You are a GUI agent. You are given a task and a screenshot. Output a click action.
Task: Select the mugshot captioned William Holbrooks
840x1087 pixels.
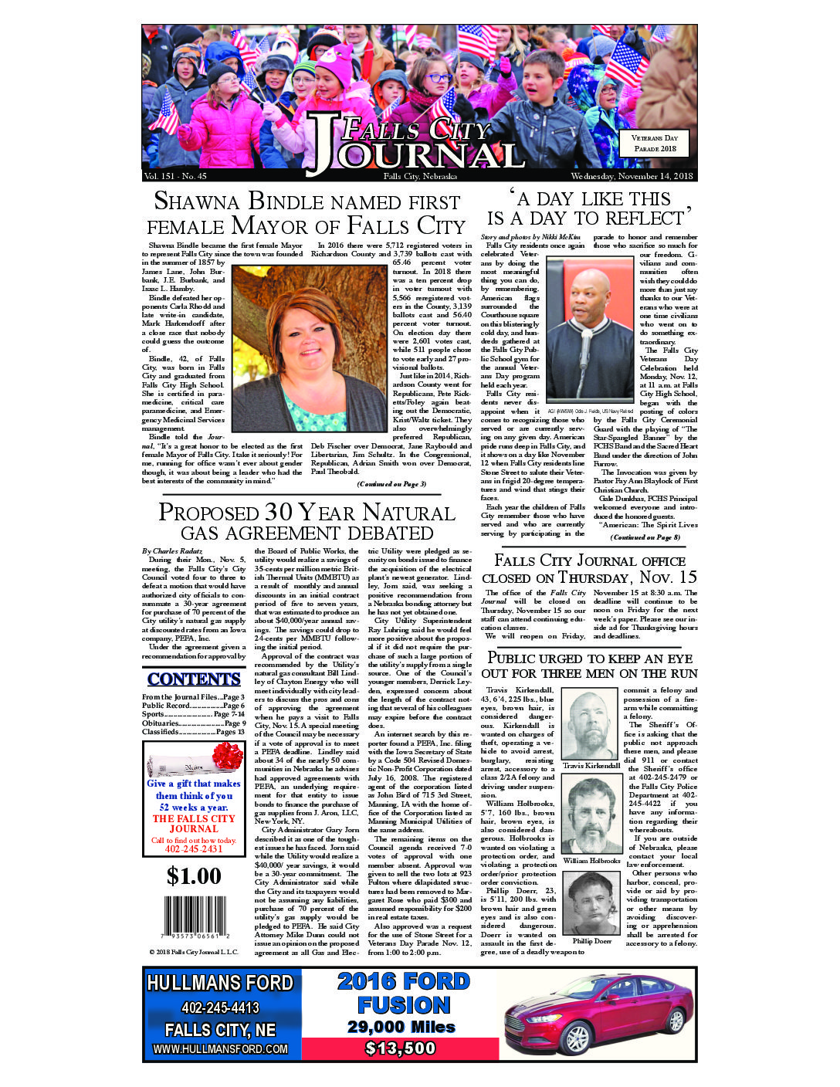tap(591, 816)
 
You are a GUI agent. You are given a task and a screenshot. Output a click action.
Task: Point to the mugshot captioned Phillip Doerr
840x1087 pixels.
tap(591, 902)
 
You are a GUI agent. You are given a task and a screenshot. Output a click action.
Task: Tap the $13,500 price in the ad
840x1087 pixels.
tap(401, 1048)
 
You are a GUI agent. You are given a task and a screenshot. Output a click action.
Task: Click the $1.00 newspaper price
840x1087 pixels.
tap(194, 875)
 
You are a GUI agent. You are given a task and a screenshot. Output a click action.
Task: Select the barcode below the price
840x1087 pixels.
tap(194, 918)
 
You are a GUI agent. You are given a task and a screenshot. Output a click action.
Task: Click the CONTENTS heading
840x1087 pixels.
tap(194, 679)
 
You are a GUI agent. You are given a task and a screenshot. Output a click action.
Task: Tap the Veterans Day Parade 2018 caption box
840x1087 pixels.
tap(655, 143)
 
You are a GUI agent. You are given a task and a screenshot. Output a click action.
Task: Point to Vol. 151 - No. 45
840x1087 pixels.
tap(175, 177)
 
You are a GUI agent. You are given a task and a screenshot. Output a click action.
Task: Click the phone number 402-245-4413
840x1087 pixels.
tap(220, 1007)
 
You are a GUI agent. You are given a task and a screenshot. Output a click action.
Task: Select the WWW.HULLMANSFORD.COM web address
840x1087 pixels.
tap(220, 1049)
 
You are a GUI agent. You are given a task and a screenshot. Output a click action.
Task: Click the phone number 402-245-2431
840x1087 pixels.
tap(194, 849)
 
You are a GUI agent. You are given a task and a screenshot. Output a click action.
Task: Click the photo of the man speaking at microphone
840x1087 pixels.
tap(589, 328)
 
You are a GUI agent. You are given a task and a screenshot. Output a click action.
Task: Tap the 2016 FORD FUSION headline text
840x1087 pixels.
tap(403, 993)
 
